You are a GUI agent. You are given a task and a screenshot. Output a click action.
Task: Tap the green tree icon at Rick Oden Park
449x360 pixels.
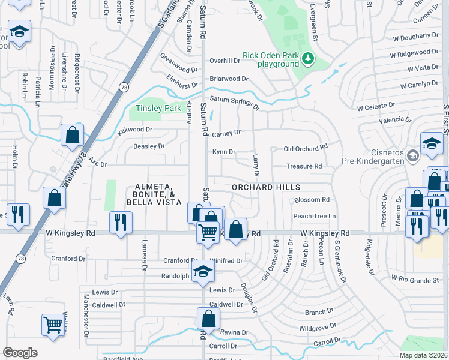coord(308,58)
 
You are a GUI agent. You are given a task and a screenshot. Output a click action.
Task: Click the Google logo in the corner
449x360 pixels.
coord(20,352)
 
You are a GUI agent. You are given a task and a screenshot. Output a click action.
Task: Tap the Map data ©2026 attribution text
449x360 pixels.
coord(423,355)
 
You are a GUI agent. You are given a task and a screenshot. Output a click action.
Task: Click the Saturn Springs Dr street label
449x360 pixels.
coord(234,103)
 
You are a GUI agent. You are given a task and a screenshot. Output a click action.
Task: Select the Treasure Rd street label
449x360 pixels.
coord(304,166)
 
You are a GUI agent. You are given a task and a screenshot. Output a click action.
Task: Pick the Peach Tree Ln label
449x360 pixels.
coord(314,216)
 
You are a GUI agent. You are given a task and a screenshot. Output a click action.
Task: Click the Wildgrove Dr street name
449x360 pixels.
coord(318,328)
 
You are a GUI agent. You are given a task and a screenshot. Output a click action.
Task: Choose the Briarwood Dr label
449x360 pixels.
coord(228,79)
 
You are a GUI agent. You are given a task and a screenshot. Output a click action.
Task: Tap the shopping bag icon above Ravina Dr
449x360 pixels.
coord(208,318)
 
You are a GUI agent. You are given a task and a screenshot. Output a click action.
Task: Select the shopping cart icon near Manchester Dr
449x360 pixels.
coord(53,325)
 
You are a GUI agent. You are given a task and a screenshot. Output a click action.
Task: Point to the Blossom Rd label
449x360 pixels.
coord(312,199)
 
